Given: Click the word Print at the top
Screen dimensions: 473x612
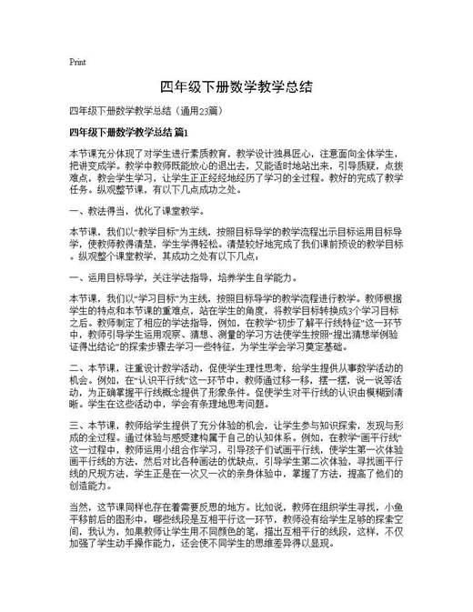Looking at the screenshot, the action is [77, 62].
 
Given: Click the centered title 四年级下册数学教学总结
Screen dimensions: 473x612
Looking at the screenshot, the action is [236, 87].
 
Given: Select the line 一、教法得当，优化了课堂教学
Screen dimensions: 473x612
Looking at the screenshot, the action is [137, 211].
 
